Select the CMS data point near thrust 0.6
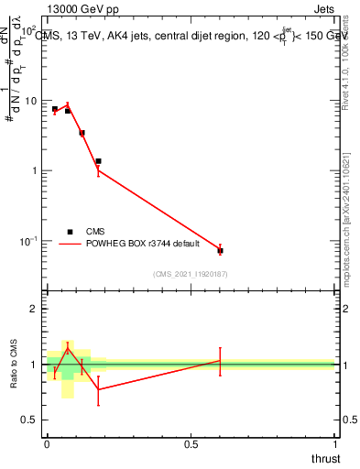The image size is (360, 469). pos(220,250)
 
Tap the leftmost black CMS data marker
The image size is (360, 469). pos(55,109)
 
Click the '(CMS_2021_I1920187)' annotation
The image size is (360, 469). pos(191,273)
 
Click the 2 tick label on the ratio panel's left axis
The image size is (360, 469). pos(35,309)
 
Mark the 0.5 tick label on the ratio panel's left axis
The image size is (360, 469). pos(30,420)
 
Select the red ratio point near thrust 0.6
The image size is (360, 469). pos(220,361)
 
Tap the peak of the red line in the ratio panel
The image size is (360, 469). pos(68,348)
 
